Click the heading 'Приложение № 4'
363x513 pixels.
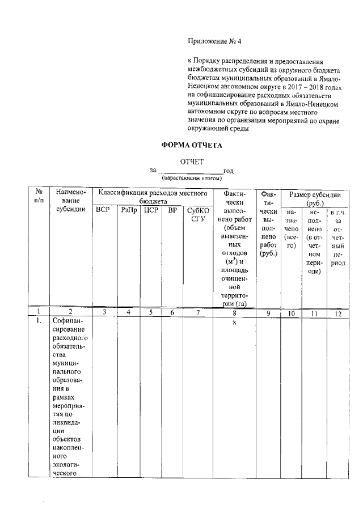pos(214,41)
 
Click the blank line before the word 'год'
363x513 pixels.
pos(189,171)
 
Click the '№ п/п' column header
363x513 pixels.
pos(38,197)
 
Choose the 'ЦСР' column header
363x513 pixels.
pos(150,210)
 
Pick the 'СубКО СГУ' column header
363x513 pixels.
pos(197,215)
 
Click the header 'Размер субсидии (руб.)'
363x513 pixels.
pos(315,198)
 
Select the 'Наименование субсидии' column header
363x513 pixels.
pos(71,201)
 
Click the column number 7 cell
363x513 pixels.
pos(197,312)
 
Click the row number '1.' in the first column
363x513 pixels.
pos(38,322)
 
